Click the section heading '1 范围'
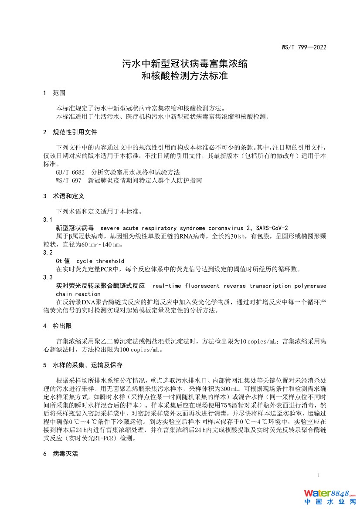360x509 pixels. [54, 93]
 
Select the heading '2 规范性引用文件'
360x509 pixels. [70, 132]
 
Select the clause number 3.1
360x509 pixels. [48, 219]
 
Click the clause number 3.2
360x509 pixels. [48, 253]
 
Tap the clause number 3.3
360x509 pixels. [48, 277]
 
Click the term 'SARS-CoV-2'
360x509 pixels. [272, 228]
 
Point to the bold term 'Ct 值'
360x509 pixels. [63, 261]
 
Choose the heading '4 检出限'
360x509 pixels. [57, 326]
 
